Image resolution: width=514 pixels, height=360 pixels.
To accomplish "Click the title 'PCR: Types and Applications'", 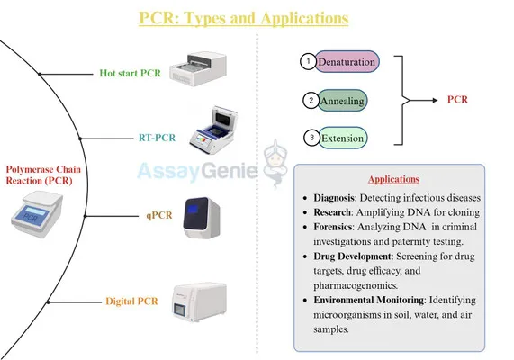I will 243,17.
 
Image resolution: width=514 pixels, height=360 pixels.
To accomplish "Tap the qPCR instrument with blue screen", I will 203,218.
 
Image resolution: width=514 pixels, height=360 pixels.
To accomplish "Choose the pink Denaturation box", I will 345,62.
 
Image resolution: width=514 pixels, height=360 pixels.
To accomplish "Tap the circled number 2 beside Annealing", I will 309,101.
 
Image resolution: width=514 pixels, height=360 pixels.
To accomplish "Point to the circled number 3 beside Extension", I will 309,139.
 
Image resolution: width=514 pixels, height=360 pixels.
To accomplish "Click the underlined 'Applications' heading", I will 397,179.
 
